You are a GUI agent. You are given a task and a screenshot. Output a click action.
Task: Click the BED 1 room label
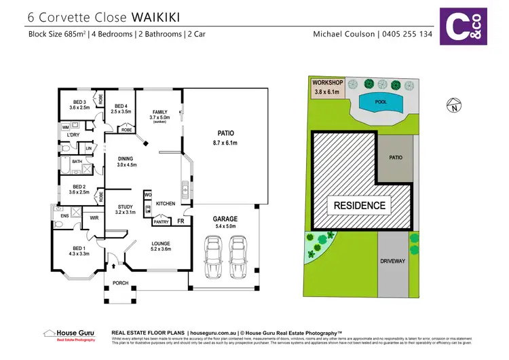tap(79, 247)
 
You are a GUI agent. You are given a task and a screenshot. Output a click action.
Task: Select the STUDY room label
tap(124, 207)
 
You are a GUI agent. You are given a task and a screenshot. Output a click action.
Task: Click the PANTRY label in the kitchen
tap(161, 221)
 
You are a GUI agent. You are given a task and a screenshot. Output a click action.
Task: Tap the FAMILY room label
tap(159, 112)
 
